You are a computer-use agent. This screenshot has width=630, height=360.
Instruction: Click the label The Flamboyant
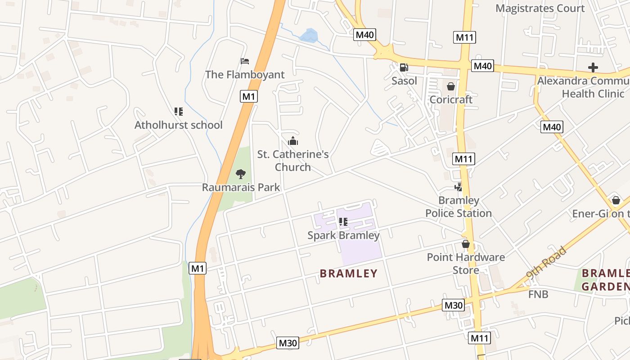[x=245, y=75]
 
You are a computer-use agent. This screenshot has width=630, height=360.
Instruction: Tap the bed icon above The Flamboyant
[x=245, y=61]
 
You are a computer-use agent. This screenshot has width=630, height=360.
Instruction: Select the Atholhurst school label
[x=178, y=125]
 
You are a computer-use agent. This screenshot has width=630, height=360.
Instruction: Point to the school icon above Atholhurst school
[x=179, y=111]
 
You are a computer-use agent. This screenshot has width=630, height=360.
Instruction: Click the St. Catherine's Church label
[x=293, y=161]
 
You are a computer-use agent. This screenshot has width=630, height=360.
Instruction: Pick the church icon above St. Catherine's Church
[x=293, y=141]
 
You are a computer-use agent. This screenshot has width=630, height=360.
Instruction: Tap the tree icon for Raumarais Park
[x=241, y=174]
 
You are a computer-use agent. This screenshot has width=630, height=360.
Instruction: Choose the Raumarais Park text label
[x=241, y=187]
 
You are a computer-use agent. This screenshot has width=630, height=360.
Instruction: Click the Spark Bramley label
[x=343, y=235]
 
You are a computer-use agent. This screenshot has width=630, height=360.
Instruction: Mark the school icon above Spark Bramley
[x=343, y=222]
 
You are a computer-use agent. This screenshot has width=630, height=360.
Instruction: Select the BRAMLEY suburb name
[x=348, y=274]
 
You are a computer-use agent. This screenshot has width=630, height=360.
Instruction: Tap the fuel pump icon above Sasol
[x=404, y=67]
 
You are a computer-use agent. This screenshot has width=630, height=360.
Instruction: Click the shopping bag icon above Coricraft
[x=451, y=86]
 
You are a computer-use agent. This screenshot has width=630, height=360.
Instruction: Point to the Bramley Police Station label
[x=459, y=207]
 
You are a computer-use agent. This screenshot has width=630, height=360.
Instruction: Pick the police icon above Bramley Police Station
[x=459, y=187]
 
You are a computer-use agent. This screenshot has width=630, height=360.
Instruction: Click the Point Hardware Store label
[x=466, y=264]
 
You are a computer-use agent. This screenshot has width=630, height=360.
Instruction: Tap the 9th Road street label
[x=545, y=263]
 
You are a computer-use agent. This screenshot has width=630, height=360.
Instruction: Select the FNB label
[x=538, y=294]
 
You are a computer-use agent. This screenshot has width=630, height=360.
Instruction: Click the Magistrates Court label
[x=540, y=9]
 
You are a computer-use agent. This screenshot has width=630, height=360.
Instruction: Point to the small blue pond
[x=309, y=36]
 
